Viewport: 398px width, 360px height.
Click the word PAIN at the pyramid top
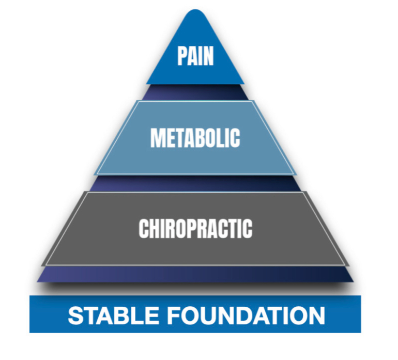(x=195, y=56)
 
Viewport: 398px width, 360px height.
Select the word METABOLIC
(x=195, y=138)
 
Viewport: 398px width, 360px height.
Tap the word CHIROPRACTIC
(x=195, y=228)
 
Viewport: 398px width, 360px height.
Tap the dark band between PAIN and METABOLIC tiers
(x=195, y=92)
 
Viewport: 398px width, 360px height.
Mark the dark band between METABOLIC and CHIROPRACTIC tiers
(x=195, y=182)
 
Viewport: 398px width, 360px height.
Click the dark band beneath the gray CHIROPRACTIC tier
(x=195, y=274)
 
